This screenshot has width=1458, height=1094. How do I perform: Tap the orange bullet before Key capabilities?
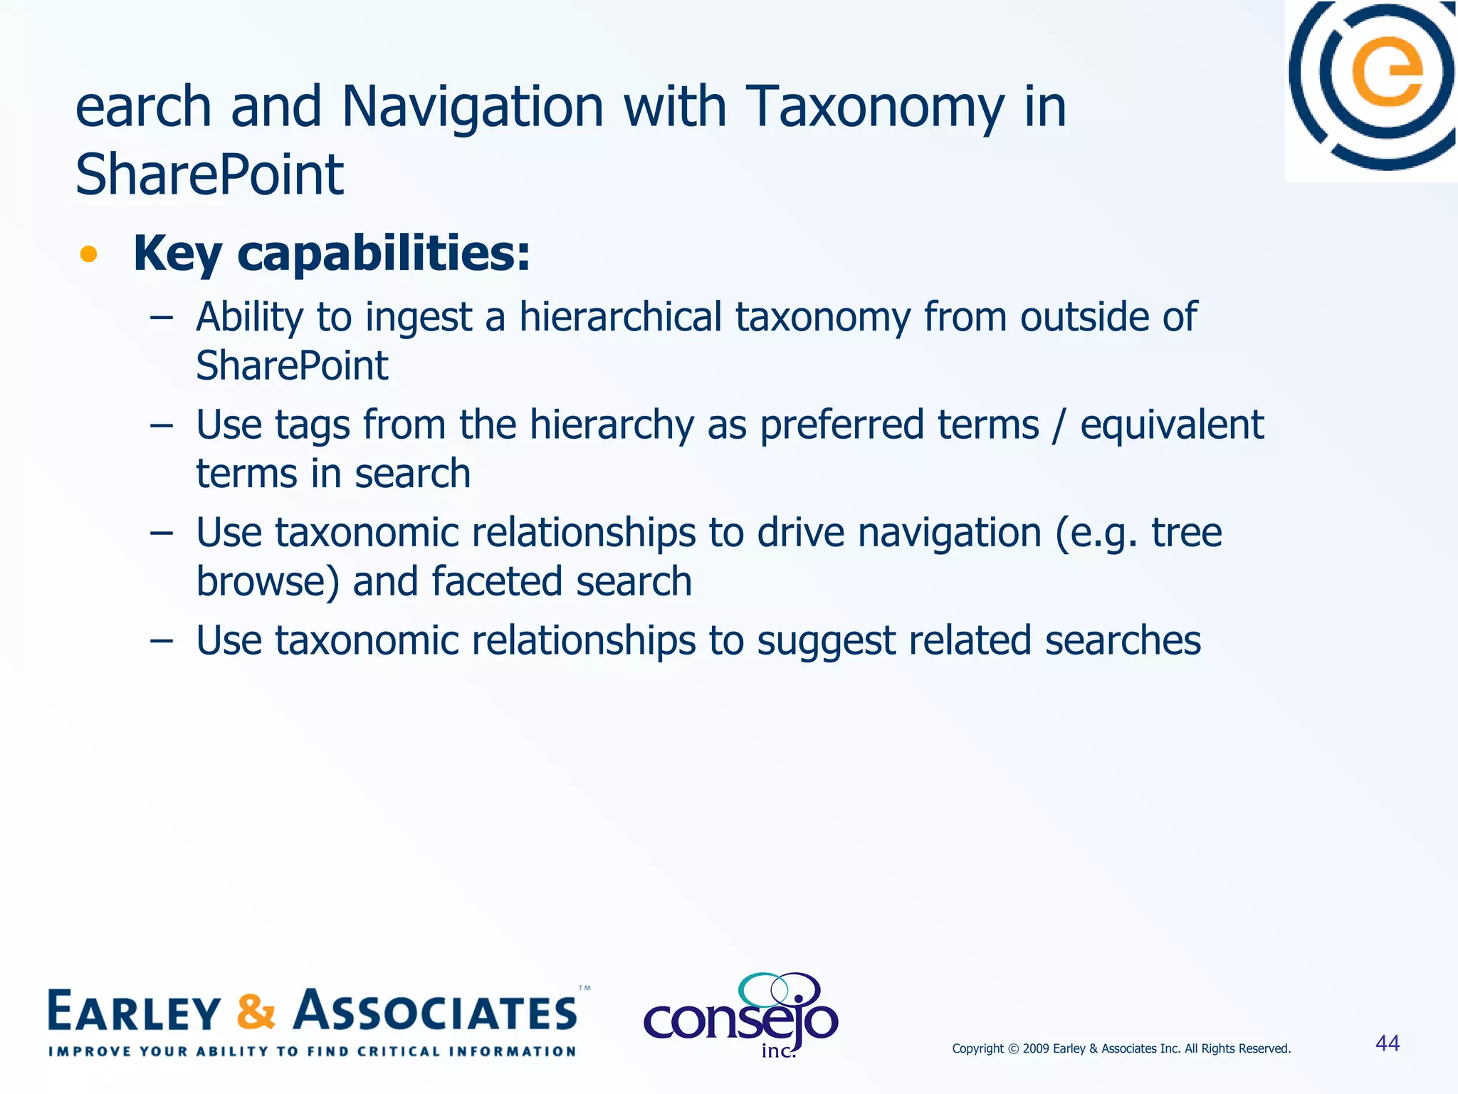(88, 254)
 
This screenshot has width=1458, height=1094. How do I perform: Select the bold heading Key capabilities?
(332, 254)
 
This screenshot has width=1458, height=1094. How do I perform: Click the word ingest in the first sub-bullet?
(419, 318)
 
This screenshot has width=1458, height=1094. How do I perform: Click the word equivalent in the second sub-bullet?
(1172, 425)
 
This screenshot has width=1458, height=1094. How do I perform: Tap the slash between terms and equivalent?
(1059, 425)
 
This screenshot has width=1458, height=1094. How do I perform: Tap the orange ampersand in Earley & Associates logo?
(256, 1012)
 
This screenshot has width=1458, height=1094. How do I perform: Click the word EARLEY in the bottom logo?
(135, 1012)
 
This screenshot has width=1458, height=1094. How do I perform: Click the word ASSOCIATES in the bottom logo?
(436, 1012)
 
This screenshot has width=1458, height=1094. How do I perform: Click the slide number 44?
(1388, 1043)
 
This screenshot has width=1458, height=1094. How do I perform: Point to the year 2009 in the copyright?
(1036, 1048)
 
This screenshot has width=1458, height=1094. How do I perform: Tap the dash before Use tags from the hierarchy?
(162, 425)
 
